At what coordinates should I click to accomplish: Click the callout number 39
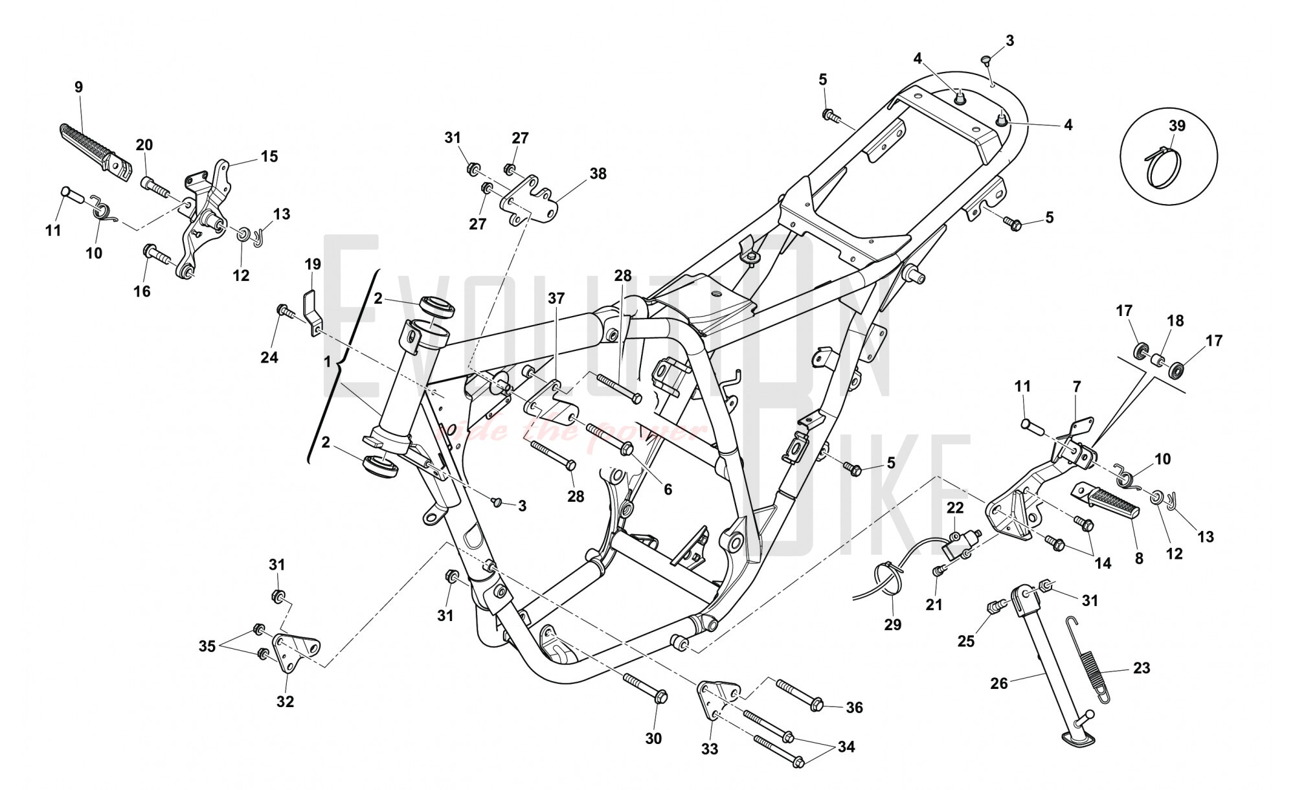pyautogui.click(x=1177, y=126)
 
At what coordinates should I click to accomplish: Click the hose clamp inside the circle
pyautogui.click(x=1162, y=168)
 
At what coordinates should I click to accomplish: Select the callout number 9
pyautogui.click(x=79, y=87)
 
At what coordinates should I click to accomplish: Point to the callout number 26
pyautogui.click(x=999, y=683)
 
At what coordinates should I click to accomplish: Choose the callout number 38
pyautogui.click(x=598, y=174)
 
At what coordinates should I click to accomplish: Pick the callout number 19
pyautogui.click(x=313, y=264)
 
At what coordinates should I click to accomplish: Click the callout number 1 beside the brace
pyautogui.click(x=328, y=362)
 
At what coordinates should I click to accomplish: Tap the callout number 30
pyautogui.click(x=654, y=738)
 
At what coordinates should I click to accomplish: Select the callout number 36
pyautogui.click(x=855, y=708)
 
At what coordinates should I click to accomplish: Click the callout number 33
pyautogui.click(x=710, y=749)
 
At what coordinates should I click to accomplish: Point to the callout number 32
pyautogui.click(x=285, y=701)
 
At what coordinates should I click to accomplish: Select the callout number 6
pyautogui.click(x=668, y=490)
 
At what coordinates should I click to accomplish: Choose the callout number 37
pyautogui.click(x=556, y=299)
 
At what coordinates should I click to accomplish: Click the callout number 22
pyautogui.click(x=956, y=508)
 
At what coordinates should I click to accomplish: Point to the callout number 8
pyautogui.click(x=1138, y=558)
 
